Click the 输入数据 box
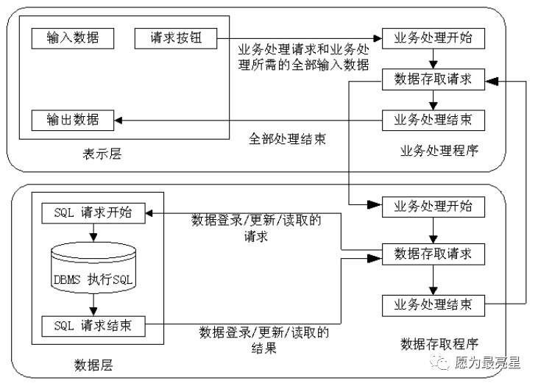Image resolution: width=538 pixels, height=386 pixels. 73,38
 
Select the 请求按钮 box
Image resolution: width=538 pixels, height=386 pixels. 176,38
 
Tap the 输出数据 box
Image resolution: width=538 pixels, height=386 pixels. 73,121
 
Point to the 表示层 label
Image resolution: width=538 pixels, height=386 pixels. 102,154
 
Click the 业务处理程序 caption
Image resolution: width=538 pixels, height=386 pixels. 439,151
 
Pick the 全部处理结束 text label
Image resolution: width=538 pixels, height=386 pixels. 287,139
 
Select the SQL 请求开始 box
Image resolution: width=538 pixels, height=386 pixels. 93,213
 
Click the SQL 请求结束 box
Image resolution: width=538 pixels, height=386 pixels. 93,326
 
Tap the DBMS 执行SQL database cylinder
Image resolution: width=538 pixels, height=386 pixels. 93,268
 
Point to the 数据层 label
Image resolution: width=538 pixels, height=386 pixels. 93,365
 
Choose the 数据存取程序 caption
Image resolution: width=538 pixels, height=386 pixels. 439,344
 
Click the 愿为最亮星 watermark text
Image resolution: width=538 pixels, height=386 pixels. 487,362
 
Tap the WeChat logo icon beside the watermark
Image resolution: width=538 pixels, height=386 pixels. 440,362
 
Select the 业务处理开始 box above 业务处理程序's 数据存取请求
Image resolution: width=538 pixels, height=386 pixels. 433,38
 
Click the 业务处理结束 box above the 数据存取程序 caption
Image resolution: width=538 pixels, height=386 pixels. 433,305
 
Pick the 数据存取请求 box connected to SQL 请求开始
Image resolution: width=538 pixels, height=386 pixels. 433,254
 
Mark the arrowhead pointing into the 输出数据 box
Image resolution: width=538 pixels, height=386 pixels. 118,121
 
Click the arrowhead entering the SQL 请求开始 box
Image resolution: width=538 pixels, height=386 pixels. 149,213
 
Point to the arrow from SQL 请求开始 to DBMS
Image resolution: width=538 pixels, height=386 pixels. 93,233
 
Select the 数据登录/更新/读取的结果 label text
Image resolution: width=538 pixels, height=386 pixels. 264,340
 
